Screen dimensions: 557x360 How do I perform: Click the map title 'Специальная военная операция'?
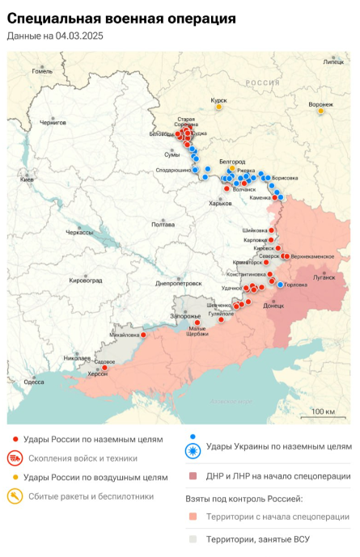[121, 17]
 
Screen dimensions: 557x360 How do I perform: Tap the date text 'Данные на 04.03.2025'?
[55, 36]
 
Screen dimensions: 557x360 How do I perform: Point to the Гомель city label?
[42, 70]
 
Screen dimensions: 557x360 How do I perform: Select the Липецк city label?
[333, 61]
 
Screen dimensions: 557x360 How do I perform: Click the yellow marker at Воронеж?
[321, 111]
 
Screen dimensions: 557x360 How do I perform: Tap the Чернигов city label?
[53, 122]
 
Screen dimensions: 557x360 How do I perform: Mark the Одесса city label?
[34, 382]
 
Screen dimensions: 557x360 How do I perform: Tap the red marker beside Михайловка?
[144, 335]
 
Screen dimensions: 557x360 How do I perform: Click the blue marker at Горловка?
[280, 285]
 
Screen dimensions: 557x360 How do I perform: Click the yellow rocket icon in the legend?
[15, 495]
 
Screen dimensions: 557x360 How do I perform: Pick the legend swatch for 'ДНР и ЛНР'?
[193, 476]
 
